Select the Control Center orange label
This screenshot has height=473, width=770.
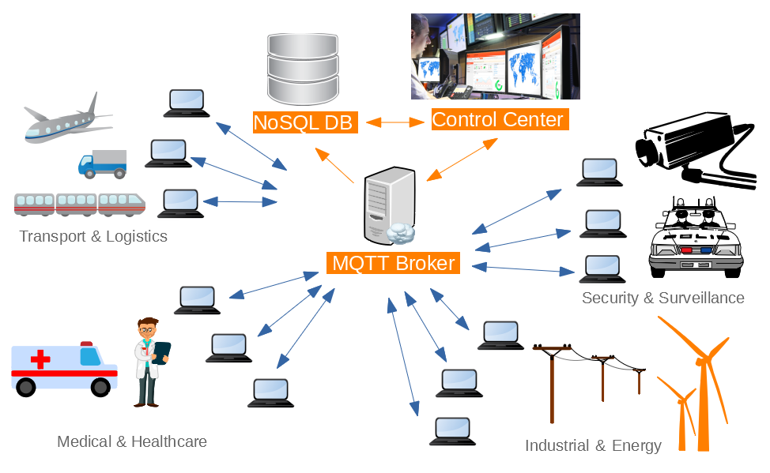tap(498, 120)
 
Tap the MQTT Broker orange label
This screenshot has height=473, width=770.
tap(393, 263)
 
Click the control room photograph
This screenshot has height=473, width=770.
tap(495, 56)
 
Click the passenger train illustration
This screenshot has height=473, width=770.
tap(80, 205)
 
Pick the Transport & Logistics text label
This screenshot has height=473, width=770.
tap(93, 236)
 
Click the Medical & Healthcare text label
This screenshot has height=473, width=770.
tap(132, 441)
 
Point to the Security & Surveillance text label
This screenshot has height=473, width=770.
tap(662, 298)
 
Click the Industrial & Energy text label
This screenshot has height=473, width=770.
tap(593, 445)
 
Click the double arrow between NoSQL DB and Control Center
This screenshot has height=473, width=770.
tap(394, 122)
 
